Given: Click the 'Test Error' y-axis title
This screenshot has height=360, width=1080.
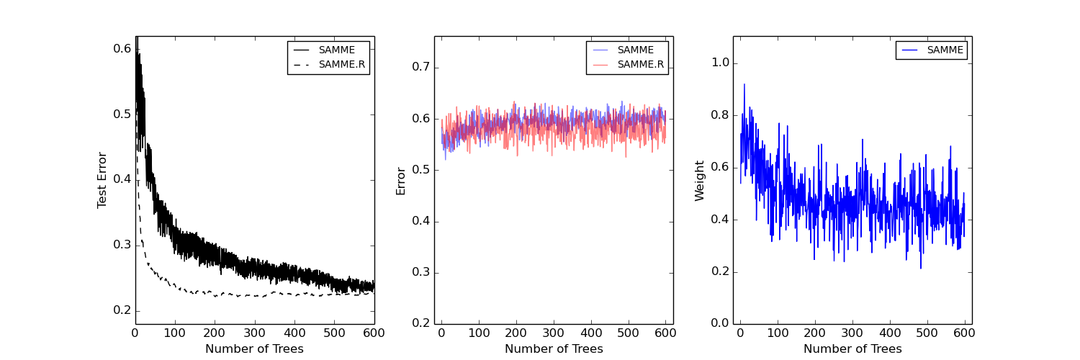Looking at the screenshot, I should tap(102, 180).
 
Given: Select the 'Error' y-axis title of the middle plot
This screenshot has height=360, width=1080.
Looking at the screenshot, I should tap(401, 181).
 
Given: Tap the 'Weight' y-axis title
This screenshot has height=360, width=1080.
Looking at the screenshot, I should tap(700, 181).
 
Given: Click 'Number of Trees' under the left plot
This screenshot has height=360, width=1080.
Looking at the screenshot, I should tap(254, 349).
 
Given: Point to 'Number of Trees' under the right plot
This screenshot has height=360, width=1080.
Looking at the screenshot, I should tap(852, 349).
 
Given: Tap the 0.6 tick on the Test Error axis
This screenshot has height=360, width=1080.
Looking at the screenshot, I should tap(122, 48).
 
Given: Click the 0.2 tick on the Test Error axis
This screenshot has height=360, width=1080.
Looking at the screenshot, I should tap(122, 310).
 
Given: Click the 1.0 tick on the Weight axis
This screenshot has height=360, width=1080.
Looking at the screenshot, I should tap(719, 63).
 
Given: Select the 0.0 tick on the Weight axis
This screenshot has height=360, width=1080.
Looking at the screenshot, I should tap(719, 323).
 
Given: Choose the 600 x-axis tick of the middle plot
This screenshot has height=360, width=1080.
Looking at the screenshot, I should tap(665, 333).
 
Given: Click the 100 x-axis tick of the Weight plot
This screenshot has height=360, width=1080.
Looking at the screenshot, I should tap(778, 333).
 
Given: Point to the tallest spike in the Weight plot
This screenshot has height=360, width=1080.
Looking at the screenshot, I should tap(744, 84).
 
